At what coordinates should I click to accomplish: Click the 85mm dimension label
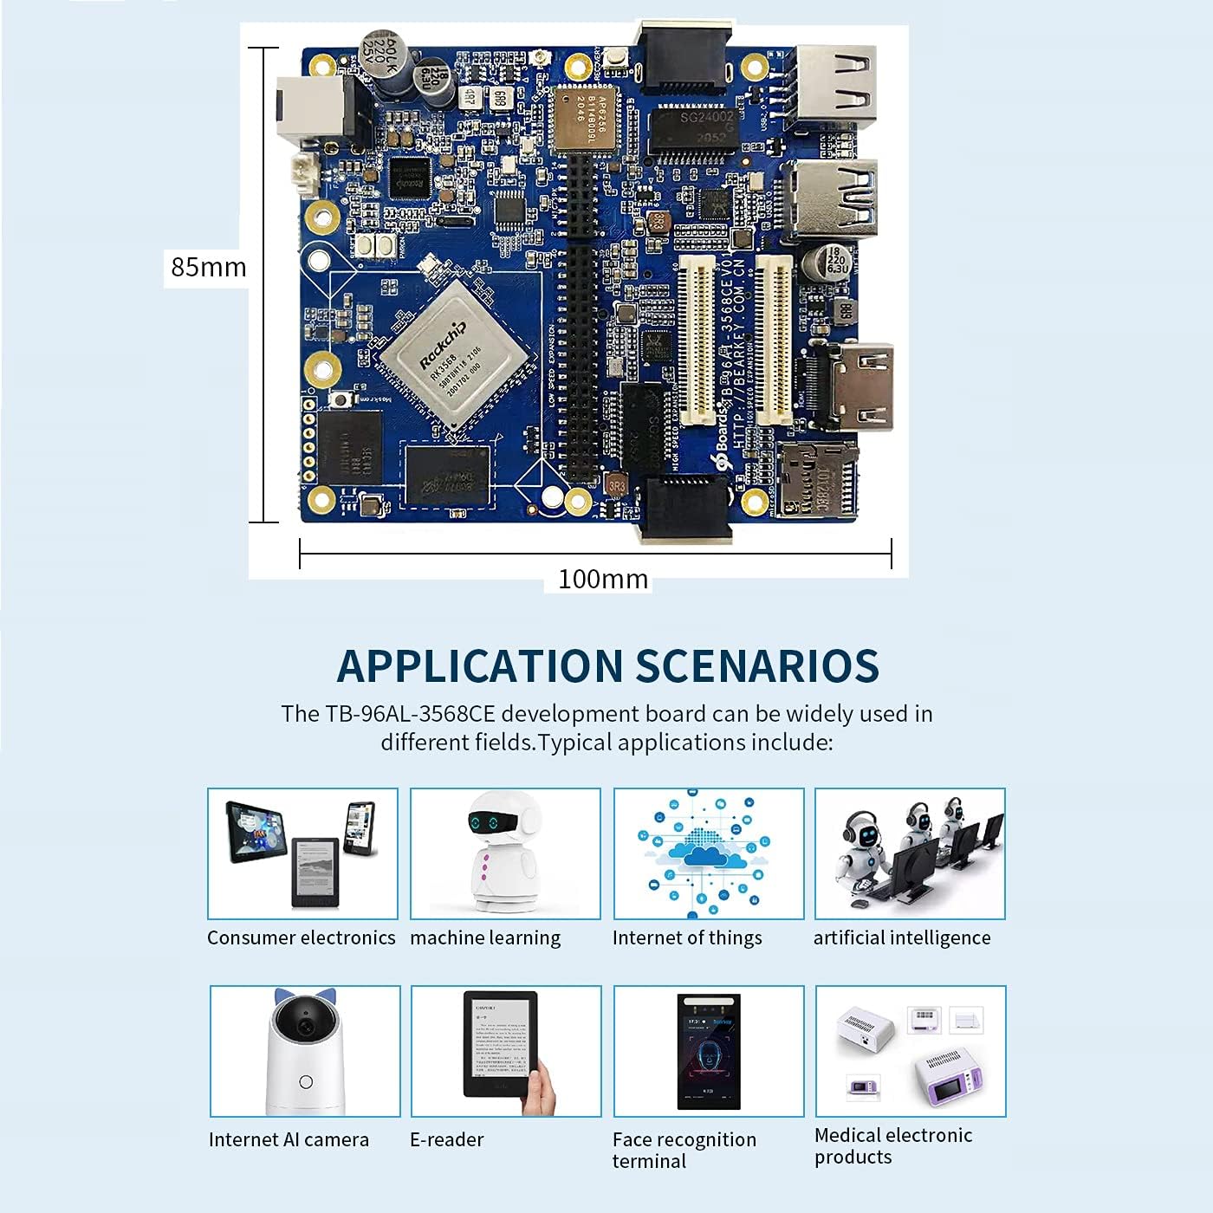208,267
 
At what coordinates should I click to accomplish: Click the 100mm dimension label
603,579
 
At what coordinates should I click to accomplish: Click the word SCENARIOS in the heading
757,666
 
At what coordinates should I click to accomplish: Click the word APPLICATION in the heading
479,666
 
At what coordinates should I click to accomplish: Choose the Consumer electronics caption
301,937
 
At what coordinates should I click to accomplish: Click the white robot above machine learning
503,853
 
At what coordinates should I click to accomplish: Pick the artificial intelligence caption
901,937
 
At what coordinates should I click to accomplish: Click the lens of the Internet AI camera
305,1026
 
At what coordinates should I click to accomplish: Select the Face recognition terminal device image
709,1051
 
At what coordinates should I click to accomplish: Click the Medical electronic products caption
892,1145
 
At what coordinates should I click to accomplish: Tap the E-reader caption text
446,1139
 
